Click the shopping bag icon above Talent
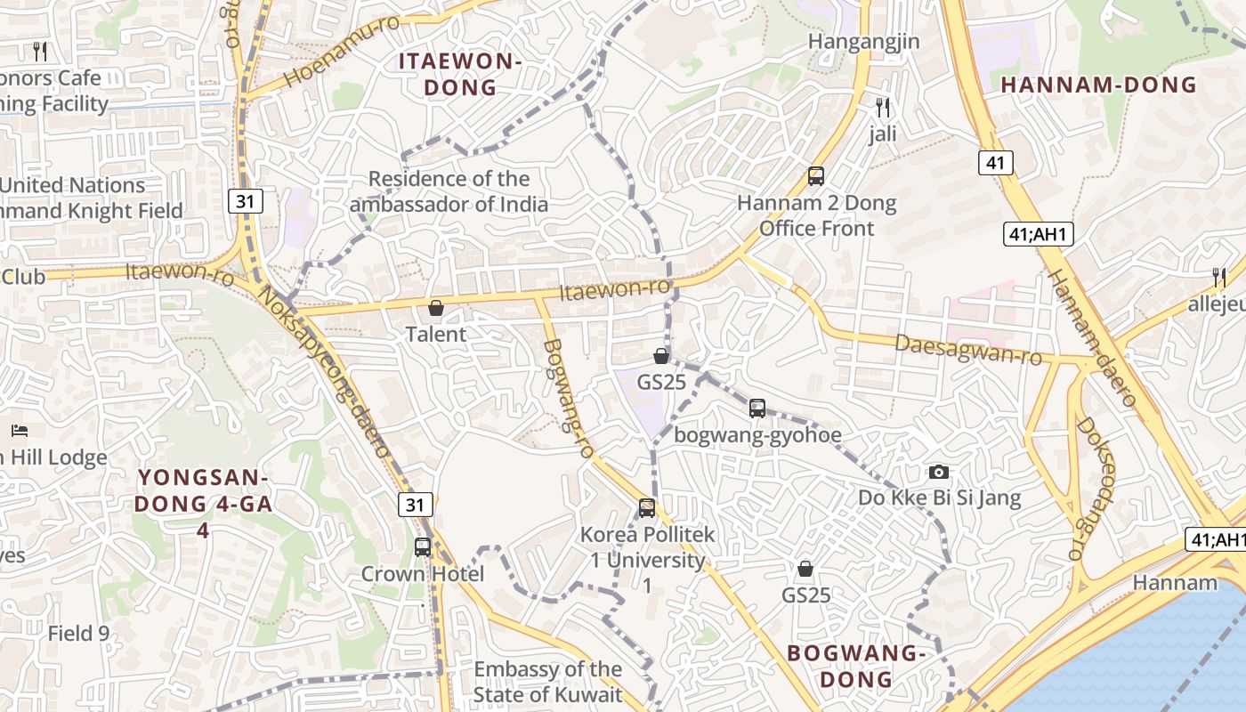tap(436, 308)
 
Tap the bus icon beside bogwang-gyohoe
tap(757, 409)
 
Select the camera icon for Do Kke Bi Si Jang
tap(938, 472)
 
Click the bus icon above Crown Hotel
tap(423, 546)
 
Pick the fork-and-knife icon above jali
tap(883, 108)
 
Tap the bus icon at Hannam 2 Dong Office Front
tap(816, 175)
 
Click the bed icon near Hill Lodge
tap(20, 431)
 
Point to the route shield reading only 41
tap(996, 162)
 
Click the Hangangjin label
tap(863, 42)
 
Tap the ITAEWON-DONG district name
tap(459, 75)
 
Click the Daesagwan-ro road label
tap(967, 350)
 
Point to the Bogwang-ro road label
tap(567, 399)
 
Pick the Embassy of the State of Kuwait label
tap(547, 682)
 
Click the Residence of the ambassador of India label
tap(449, 191)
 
